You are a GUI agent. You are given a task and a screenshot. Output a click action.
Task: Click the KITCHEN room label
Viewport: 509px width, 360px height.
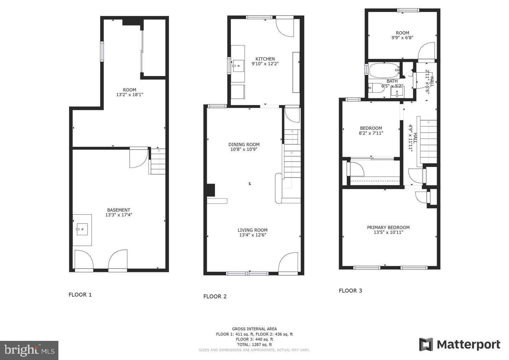click(265, 59)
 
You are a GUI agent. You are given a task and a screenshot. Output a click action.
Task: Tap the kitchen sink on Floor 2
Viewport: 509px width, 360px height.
click(238, 65)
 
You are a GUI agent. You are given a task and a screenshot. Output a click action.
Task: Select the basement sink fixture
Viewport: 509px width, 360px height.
click(82, 229)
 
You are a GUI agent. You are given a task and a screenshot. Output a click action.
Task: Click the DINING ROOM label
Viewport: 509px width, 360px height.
click(244, 144)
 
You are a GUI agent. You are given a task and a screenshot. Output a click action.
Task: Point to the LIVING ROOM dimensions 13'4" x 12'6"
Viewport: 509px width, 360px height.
click(252, 235)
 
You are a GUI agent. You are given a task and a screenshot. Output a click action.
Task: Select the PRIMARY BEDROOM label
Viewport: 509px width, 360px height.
click(388, 227)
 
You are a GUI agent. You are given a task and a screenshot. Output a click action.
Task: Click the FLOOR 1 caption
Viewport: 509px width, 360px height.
click(80, 295)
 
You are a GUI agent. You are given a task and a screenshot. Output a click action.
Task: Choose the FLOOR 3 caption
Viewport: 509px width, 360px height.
click(350, 291)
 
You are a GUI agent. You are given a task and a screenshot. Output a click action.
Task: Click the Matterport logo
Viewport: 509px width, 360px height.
click(460, 344)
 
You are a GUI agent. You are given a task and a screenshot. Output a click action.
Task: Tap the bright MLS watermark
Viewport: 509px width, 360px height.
click(29, 350)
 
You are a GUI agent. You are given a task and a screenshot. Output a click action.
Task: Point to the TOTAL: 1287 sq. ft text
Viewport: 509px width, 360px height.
click(254, 344)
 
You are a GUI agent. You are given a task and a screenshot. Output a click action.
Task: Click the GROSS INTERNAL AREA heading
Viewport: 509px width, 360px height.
click(254, 329)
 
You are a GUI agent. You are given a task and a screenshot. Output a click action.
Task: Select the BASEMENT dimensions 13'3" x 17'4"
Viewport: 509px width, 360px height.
click(119, 215)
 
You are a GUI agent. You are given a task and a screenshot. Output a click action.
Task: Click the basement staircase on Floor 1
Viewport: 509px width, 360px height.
click(158, 162)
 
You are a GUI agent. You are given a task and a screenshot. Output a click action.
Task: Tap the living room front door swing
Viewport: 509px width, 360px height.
click(288, 263)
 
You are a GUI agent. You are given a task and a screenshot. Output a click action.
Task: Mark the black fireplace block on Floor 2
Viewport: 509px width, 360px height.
click(211, 190)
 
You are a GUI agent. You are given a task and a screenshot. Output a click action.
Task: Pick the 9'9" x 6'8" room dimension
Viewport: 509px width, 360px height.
click(402, 37)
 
